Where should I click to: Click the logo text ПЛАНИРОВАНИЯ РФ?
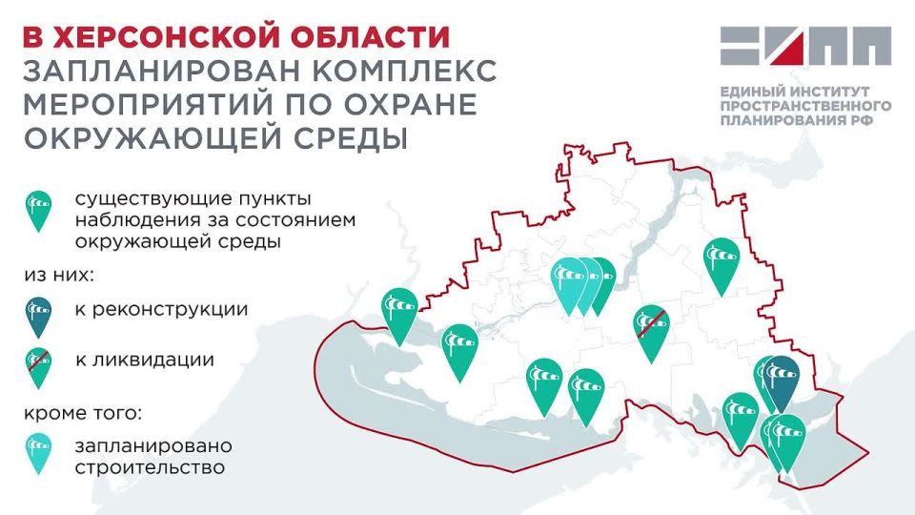click(788, 123)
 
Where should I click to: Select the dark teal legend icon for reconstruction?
click(38, 316)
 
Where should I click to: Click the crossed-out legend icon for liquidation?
click(38, 363)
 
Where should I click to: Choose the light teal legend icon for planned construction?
click(38, 451)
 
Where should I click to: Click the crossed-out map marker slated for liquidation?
click(652, 329)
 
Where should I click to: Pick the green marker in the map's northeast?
click(722, 263)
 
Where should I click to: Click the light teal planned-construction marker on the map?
click(570, 280)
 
